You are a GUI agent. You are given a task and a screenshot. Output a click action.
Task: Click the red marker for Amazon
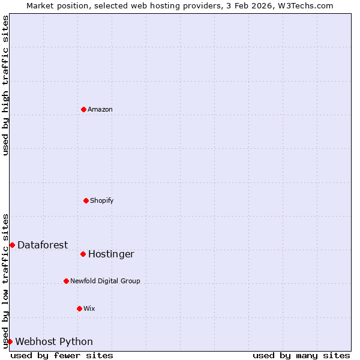83,109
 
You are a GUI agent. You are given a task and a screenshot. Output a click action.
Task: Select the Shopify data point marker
86,200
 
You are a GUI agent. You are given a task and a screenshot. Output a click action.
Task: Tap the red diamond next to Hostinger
83,254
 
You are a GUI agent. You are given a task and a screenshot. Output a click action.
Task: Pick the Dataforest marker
12,245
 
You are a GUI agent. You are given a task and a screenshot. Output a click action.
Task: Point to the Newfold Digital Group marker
66,281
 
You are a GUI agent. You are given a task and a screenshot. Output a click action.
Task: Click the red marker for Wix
79,308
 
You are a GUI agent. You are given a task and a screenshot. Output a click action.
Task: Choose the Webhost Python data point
10,341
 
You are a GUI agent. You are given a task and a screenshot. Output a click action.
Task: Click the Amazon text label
100,109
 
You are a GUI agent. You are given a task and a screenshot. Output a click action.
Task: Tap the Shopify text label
102,200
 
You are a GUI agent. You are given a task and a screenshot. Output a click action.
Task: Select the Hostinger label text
111,254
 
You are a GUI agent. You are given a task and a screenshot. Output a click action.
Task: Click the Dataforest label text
43,245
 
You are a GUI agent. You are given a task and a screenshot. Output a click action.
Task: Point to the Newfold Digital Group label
105,281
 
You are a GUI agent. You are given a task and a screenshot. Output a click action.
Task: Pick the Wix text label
89,308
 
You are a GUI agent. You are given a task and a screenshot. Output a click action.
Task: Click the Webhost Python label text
54,342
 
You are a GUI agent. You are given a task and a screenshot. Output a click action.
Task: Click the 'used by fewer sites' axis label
62,356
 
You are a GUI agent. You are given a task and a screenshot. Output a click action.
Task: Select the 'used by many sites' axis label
301,356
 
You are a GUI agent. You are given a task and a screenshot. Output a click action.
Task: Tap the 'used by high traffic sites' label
6,85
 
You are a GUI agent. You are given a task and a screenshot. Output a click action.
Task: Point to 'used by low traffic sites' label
6,281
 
